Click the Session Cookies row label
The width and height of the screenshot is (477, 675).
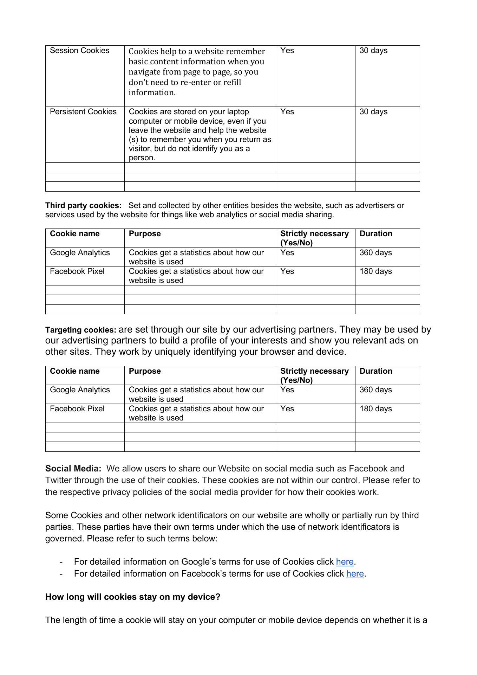point(79,51)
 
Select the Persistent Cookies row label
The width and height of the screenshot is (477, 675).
point(83,112)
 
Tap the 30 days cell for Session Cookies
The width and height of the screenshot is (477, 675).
point(373,51)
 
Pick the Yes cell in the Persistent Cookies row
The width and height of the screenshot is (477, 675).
point(287,112)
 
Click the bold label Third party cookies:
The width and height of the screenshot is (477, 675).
point(83,206)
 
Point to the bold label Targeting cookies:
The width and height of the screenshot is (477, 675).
point(80,330)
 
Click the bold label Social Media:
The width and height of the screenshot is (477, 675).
point(73,469)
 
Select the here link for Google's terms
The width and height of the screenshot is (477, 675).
point(345,562)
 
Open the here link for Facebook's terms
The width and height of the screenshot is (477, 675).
point(355,574)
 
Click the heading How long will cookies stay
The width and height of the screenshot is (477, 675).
point(132,597)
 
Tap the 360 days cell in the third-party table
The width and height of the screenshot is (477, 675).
point(375,253)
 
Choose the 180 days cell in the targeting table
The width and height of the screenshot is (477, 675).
point(375,409)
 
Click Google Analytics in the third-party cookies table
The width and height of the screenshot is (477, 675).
point(80,253)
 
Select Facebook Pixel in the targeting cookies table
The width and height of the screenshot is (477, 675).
point(77,409)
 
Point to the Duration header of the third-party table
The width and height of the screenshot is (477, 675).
point(376,234)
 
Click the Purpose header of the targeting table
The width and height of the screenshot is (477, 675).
point(145,371)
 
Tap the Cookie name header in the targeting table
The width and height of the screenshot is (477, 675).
point(74,371)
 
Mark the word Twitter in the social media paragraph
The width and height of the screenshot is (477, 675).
point(58,480)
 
